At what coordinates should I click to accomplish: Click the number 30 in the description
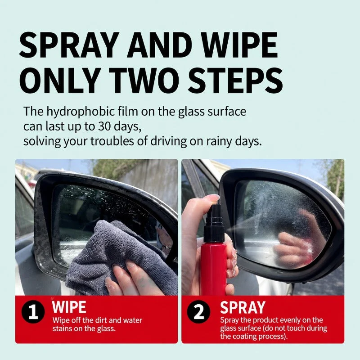click(x=105, y=126)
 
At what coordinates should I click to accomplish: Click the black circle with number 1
click(x=33, y=311)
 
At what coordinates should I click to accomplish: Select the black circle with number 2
click(x=198, y=311)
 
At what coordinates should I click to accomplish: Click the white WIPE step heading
click(x=69, y=307)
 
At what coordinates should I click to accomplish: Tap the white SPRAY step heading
click(x=243, y=307)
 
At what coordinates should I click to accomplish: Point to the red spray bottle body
click(x=213, y=269)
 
